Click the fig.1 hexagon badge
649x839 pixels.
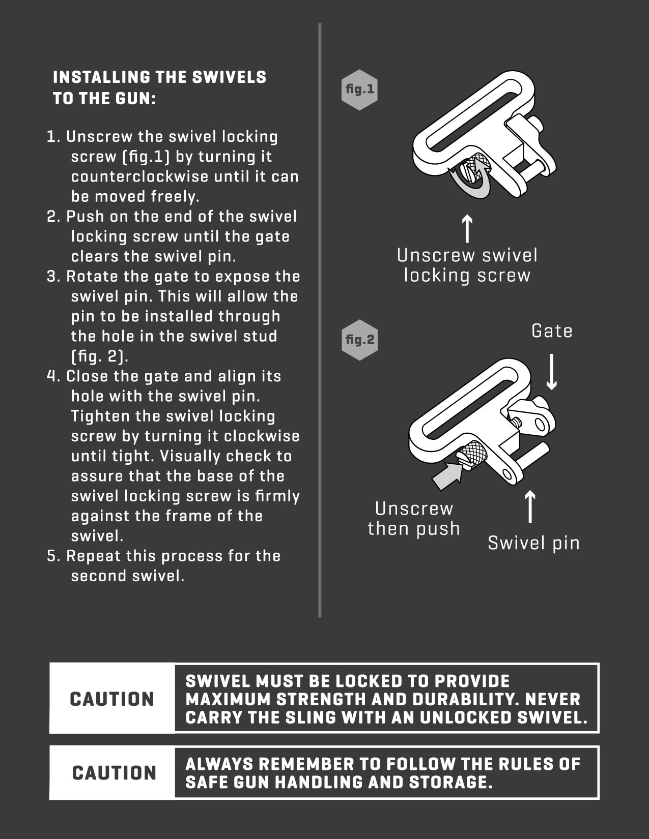359,89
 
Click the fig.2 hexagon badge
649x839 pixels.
359,340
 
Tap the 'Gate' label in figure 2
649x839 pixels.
552,331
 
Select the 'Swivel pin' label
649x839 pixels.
534,543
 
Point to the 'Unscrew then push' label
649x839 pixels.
414,519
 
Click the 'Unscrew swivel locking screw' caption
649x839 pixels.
467,265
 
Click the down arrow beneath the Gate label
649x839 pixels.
552,371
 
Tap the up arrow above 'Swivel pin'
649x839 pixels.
530,506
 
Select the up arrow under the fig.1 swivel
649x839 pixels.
467,228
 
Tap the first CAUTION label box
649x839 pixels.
112,699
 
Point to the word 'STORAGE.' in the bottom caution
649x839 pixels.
450,782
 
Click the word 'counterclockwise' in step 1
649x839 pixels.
140,176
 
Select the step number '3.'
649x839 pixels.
54,277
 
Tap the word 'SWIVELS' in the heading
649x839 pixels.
229,77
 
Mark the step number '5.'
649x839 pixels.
54,556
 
